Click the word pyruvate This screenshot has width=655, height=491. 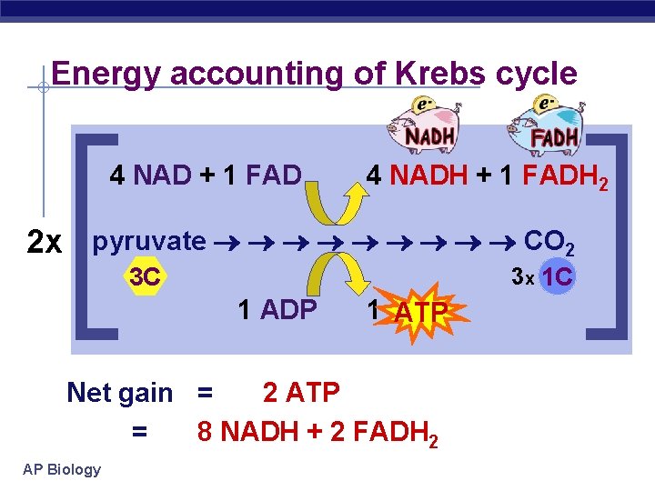point(150,241)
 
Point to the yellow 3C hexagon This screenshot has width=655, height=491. point(145,277)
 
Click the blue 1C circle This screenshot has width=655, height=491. point(557,276)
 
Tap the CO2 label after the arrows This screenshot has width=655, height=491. point(549,242)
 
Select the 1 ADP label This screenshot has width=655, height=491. point(277,310)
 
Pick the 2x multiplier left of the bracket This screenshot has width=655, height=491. point(45,243)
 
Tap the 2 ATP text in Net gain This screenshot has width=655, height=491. point(300,393)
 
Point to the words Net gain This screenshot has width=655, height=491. point(119,393)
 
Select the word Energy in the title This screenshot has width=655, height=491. point(106,74)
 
